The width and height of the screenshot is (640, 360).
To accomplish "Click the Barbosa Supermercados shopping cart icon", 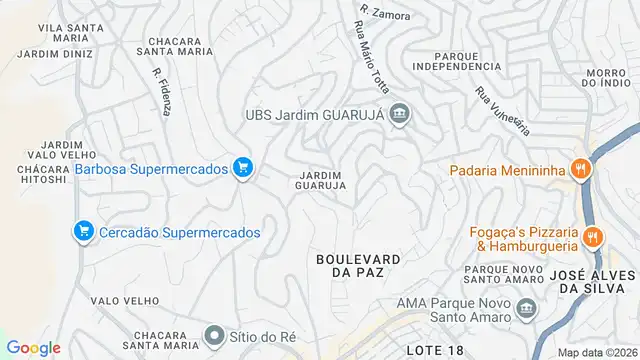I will coord(241,168).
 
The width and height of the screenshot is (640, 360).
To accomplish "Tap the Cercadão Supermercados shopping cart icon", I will coord(84,232).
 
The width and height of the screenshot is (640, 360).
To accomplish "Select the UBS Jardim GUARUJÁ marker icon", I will coord(400,114).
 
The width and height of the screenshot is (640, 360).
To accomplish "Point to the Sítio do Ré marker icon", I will coord(214,334).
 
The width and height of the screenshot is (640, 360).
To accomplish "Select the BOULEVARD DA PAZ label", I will coord(358,265).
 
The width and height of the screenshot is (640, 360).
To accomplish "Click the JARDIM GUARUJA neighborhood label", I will coord(322,180).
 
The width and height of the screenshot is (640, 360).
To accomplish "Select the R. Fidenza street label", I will coord(159,91).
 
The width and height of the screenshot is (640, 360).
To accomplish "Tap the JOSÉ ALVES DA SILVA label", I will coord(598,280).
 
